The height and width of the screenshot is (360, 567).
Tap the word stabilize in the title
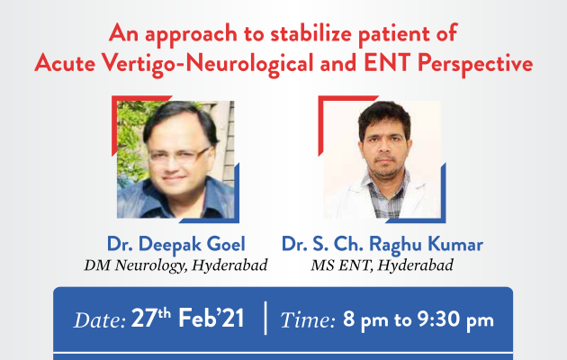coord(310,33)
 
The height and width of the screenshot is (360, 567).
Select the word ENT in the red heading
coord(387,62)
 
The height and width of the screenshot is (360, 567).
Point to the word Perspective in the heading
coord(475,64)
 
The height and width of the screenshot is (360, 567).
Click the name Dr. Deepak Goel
coord(176,244)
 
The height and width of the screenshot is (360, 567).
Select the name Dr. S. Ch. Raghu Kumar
coord(382,244)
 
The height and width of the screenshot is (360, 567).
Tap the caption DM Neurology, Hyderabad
coord(175,265)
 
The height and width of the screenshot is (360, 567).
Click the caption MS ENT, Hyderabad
coord(382,265)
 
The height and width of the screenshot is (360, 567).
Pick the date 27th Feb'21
coord(187,318)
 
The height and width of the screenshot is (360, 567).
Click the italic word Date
coord(100,319)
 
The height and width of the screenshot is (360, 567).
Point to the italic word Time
coord(308,319)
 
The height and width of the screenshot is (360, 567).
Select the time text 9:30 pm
coord(455,319)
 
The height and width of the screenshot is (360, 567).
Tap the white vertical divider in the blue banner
coord(265,318)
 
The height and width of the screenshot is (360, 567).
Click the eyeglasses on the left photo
coord(179,155)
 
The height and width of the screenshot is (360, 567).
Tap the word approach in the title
coord(191,35)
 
